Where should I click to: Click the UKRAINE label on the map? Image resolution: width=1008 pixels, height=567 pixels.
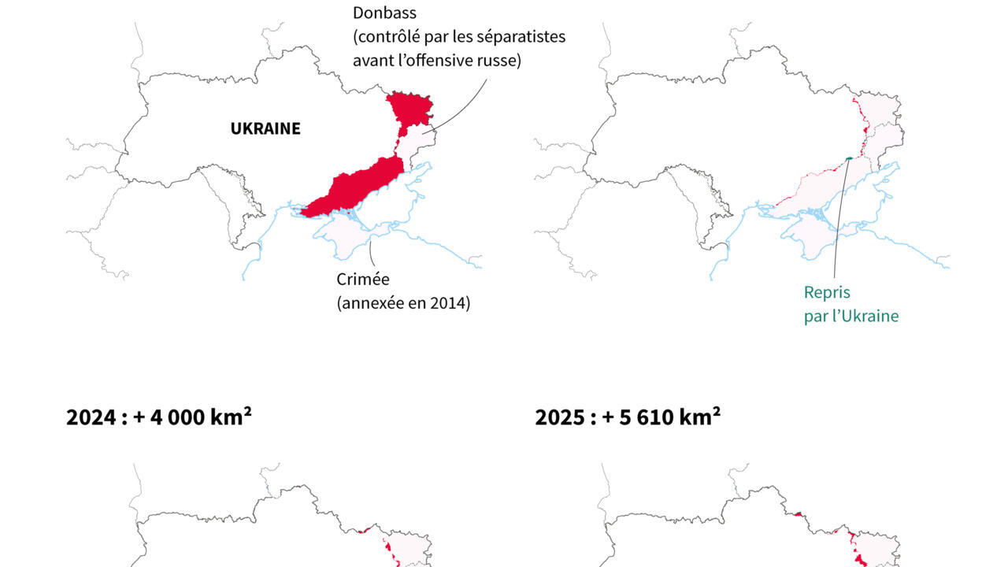click(265, 129)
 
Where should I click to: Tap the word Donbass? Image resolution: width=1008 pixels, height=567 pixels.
click(384, 13)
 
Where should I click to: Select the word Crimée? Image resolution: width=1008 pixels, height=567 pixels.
click(363, 279)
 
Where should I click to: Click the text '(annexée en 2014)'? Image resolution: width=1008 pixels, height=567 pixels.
click(403, 302)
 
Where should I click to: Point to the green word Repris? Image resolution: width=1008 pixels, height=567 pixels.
click(827, 292)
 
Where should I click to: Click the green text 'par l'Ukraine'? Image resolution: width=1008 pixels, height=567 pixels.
click(850, 316)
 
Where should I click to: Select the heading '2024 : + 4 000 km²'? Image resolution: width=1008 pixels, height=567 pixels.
click(158, 417)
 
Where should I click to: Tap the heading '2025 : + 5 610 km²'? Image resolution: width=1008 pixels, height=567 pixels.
click(628, 417)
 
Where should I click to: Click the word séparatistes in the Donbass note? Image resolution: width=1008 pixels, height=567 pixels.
click(521, 37)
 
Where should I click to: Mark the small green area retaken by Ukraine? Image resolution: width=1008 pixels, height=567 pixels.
click(848, 159)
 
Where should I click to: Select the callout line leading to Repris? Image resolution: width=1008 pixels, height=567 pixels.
click(839, 220)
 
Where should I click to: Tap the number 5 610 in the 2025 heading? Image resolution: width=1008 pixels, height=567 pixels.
click(657, 417)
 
